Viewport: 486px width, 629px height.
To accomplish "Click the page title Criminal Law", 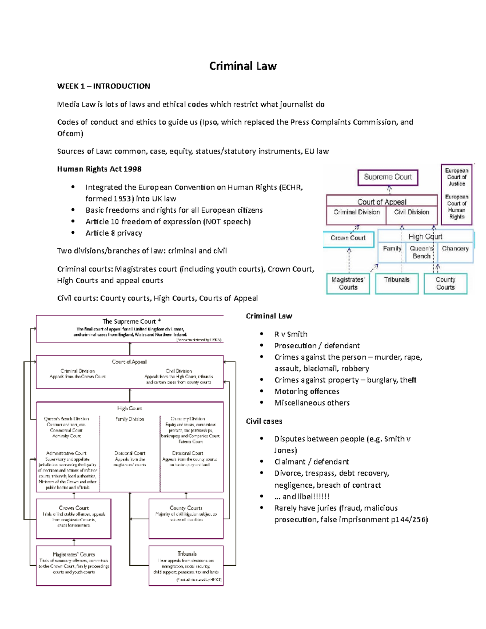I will tap(243, 66).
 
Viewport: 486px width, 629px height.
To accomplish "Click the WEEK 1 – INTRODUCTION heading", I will tap(103, 86).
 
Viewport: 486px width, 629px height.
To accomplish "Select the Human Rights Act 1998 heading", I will tap(99, 169).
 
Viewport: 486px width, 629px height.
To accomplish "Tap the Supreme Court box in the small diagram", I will tap(388, 177).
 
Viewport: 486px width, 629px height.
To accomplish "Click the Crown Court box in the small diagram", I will tap(347, 238).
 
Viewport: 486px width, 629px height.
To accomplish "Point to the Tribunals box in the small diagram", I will tap(396, 283).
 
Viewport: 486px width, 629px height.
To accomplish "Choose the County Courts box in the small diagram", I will tap(445, 283).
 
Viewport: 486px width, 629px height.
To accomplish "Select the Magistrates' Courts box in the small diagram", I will tap(348, 283).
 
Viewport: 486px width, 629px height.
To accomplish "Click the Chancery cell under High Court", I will tap(455, 249).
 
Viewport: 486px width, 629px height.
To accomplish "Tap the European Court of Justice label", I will tap(456, 177).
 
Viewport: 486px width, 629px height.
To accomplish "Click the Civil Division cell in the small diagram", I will tap(411, 212).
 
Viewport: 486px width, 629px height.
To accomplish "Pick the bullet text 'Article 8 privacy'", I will tap(113, 233).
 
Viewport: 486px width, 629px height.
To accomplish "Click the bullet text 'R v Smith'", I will tap(290, 334).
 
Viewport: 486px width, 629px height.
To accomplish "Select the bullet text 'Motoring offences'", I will tap(307, 391).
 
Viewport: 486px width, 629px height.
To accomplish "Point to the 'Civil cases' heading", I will tap(264, 421).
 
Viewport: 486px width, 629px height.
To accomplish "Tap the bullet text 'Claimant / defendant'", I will tap(311, 462).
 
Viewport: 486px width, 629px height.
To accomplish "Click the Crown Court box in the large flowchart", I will tap(74, 518).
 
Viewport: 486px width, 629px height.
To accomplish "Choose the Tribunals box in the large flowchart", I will tap(186, 565).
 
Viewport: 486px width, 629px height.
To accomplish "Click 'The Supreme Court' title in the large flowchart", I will tap(129, 321).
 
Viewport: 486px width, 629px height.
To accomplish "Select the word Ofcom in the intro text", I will tap(69, 133).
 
